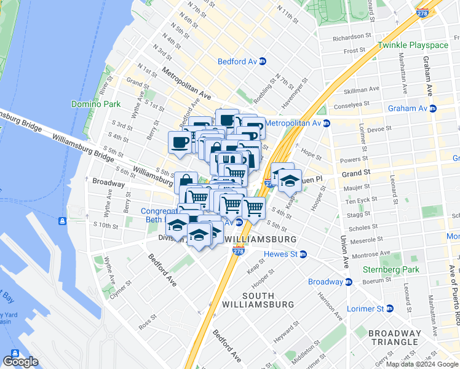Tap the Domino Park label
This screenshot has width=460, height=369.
pyautogui.click(x=95, y=104)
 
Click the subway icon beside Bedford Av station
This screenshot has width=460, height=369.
pyautogui.click(x=262, y=61)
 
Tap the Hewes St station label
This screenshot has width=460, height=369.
pyautogui.click(x=280, y=254)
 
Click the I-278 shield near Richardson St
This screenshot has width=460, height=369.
pyautogui.click(x=422, y=12)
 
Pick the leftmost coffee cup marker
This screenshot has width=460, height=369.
pyautogui.click(x=180, y=143)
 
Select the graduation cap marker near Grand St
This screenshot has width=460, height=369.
pyautogui.click(x=289, y=180)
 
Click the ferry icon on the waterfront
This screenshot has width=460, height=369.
pyautogui.click(x=63, y=221)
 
